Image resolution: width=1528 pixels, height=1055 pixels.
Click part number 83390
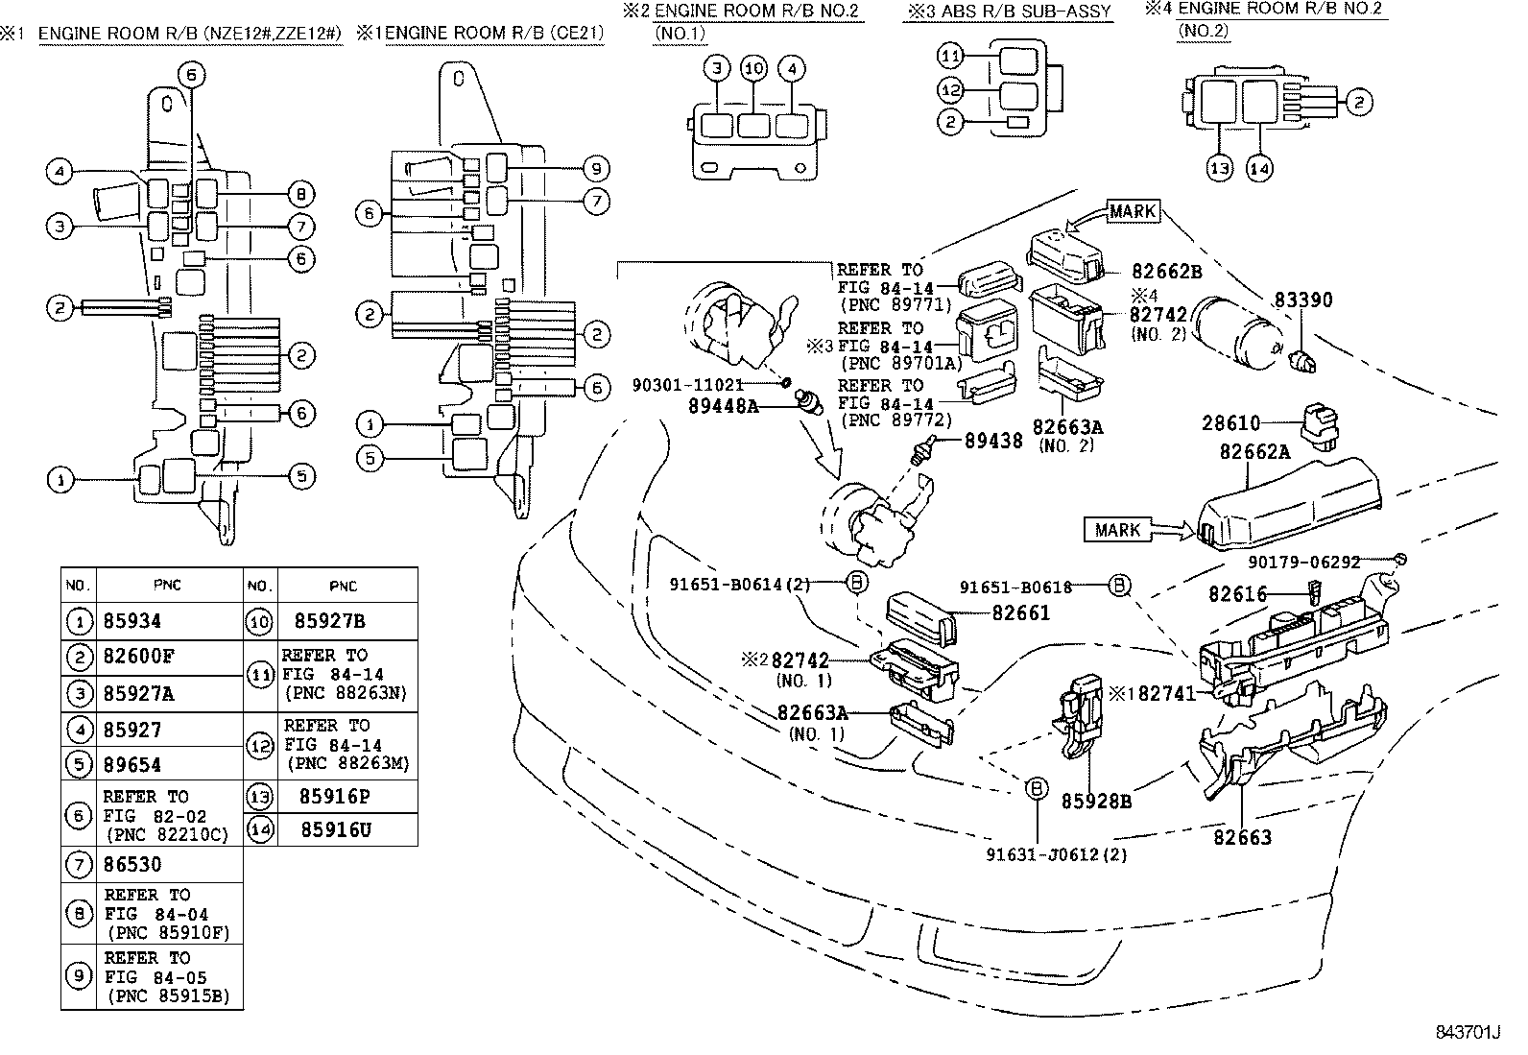1303,300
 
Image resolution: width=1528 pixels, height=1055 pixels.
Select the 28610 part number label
1232,422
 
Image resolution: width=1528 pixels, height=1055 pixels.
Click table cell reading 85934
132,622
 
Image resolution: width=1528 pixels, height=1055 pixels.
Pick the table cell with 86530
132,865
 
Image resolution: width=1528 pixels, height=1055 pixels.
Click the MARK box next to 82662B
1133,211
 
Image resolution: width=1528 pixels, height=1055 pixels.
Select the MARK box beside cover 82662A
1117,529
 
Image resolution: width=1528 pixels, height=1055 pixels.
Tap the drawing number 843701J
1467,1033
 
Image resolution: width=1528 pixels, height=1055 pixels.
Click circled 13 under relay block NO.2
1219,169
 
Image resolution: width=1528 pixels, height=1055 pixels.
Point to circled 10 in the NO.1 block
754,69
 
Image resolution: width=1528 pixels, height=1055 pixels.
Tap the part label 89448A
723,406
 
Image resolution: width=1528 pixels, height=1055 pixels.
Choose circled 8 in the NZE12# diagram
300,195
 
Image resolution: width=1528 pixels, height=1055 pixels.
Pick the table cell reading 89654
132,765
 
